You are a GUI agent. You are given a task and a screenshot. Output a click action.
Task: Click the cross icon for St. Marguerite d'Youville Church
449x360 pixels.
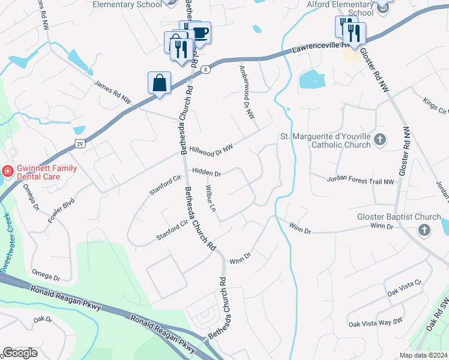point(379,140)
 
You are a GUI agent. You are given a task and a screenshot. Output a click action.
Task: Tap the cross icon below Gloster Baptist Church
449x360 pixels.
point(424,230)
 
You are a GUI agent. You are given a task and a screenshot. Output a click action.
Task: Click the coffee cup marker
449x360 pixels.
point(200,32)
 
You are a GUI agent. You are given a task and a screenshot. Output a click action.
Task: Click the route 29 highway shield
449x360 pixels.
point(79,143)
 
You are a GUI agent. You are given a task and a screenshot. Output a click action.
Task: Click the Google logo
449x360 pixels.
point(20,352)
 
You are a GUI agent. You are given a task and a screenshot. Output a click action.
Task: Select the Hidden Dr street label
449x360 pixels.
point(206,173)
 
